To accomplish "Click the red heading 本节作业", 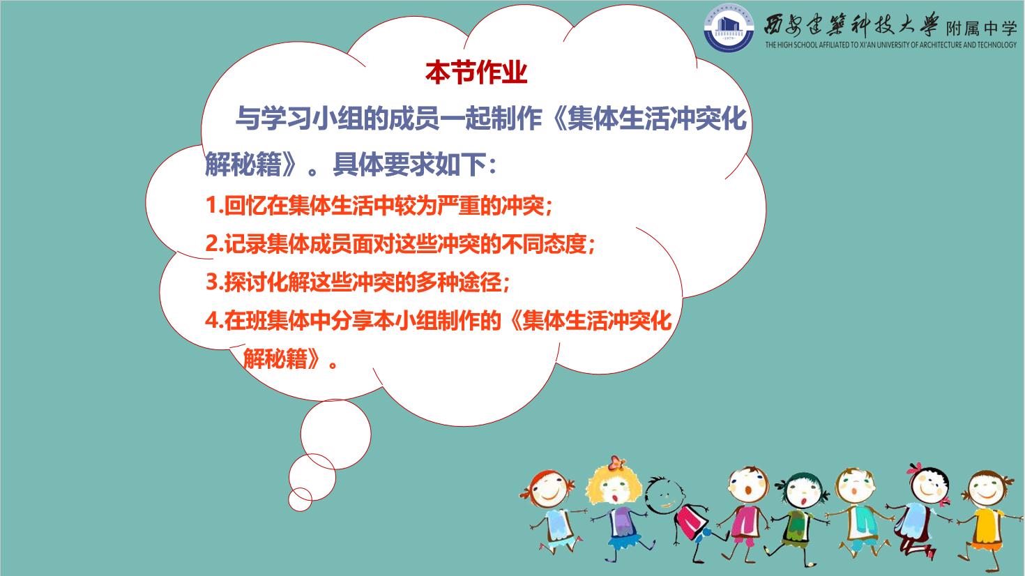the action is (x=476, y=73).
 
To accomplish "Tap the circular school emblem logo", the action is (x=729, y=29).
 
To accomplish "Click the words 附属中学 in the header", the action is (x=981, y=29).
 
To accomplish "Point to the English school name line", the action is (x=891, y=45).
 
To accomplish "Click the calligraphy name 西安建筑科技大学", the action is (x=851, y=26).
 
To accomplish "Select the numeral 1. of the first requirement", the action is (x=214, y=206).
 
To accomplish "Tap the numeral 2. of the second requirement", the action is (x=214, y=244).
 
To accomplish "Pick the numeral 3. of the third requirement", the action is (x=214, y=282).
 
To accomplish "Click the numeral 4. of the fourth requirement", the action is (x=214, y=321).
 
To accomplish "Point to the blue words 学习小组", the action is (x=312, y=119).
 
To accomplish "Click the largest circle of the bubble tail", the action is (x=335, y=434).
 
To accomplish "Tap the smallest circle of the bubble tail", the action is (x=300, y=499).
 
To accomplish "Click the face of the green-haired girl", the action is (x=803, y=494).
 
